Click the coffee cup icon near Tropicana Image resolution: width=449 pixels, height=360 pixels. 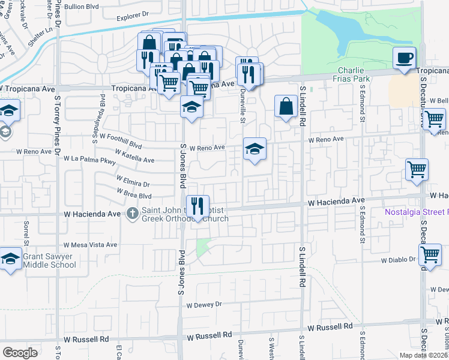coord(405,59)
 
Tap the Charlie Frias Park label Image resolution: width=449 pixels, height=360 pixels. coord(360,74)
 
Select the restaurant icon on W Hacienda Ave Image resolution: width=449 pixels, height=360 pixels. coord(197,207)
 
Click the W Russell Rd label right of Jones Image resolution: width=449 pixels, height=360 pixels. coord(330,327)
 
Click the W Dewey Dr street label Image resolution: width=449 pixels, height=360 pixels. coord(204,304)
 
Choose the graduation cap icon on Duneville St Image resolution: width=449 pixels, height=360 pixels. coord(255,149)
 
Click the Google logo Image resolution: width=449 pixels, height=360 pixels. coord(20,352)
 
